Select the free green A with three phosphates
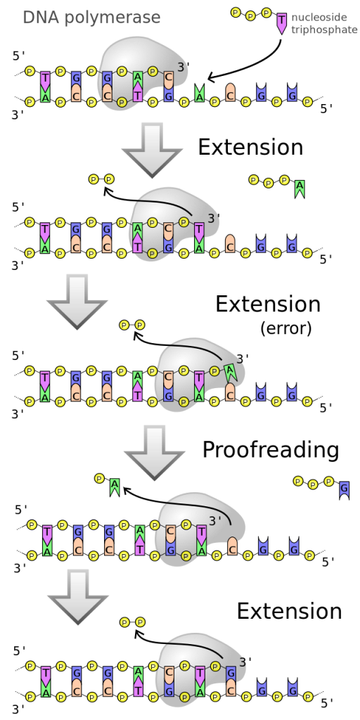(x=300, y=188)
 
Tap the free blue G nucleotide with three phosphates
(x=344, y=489)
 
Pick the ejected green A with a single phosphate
(x=115, y=486)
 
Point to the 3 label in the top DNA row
(x=180, y=67)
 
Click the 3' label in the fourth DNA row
(x=215, y=521)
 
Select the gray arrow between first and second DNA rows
(x=151, y=148)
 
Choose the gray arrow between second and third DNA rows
(x=76, y=301)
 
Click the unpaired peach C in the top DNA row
(x=230, y=92)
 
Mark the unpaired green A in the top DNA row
(x=199, y=94)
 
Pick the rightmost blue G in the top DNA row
(x=292, y=94)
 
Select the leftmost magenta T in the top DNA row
(x=45, y=80)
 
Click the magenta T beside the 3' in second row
(x=199, y=231)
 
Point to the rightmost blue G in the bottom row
(x=292, y=688)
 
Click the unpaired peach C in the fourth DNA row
(x=233, y=546)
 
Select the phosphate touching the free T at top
(x=266, y=13)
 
